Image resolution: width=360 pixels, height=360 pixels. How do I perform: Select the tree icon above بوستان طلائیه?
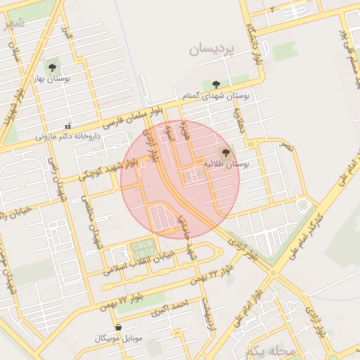point(226,152)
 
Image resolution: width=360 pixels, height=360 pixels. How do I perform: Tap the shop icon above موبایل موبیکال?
point(117,328)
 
